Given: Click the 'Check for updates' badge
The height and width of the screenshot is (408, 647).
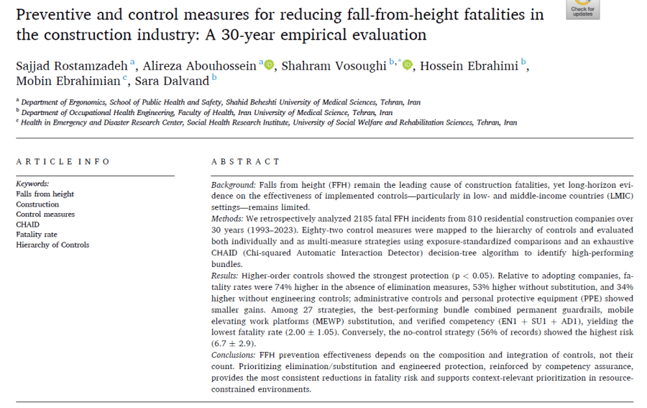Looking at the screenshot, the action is pos(582,9).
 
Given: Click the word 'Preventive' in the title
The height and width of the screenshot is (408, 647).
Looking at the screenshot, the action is pos(52,15).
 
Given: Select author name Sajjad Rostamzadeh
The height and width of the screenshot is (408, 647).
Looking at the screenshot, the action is pos(72,66).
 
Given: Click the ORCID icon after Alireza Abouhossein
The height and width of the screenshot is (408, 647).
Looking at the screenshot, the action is pos(269,65).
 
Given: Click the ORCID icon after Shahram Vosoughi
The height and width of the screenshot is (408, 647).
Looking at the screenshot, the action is pos(408,65).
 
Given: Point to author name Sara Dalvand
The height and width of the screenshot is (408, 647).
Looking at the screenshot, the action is pos(172,81).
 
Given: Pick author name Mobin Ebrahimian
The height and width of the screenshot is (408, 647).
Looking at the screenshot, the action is pos(68,81).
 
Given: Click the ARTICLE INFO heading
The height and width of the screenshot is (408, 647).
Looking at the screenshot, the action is pos(63,161).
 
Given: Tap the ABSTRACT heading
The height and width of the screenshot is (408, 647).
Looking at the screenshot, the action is pos(246,161).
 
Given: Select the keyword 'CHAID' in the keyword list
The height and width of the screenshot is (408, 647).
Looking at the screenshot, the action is pos(27,225).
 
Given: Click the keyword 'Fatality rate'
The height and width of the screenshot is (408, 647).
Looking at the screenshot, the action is pos(37,235).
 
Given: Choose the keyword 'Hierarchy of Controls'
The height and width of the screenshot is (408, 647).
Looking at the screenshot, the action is pos(52,245).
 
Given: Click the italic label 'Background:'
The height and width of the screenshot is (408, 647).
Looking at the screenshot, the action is pos(234,185).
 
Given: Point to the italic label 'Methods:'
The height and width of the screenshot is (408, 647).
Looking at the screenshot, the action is pos(227,219).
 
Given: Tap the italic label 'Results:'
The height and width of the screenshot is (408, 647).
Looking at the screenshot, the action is pos(225,276).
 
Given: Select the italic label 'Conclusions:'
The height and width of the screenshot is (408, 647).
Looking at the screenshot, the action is pos(234,355).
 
